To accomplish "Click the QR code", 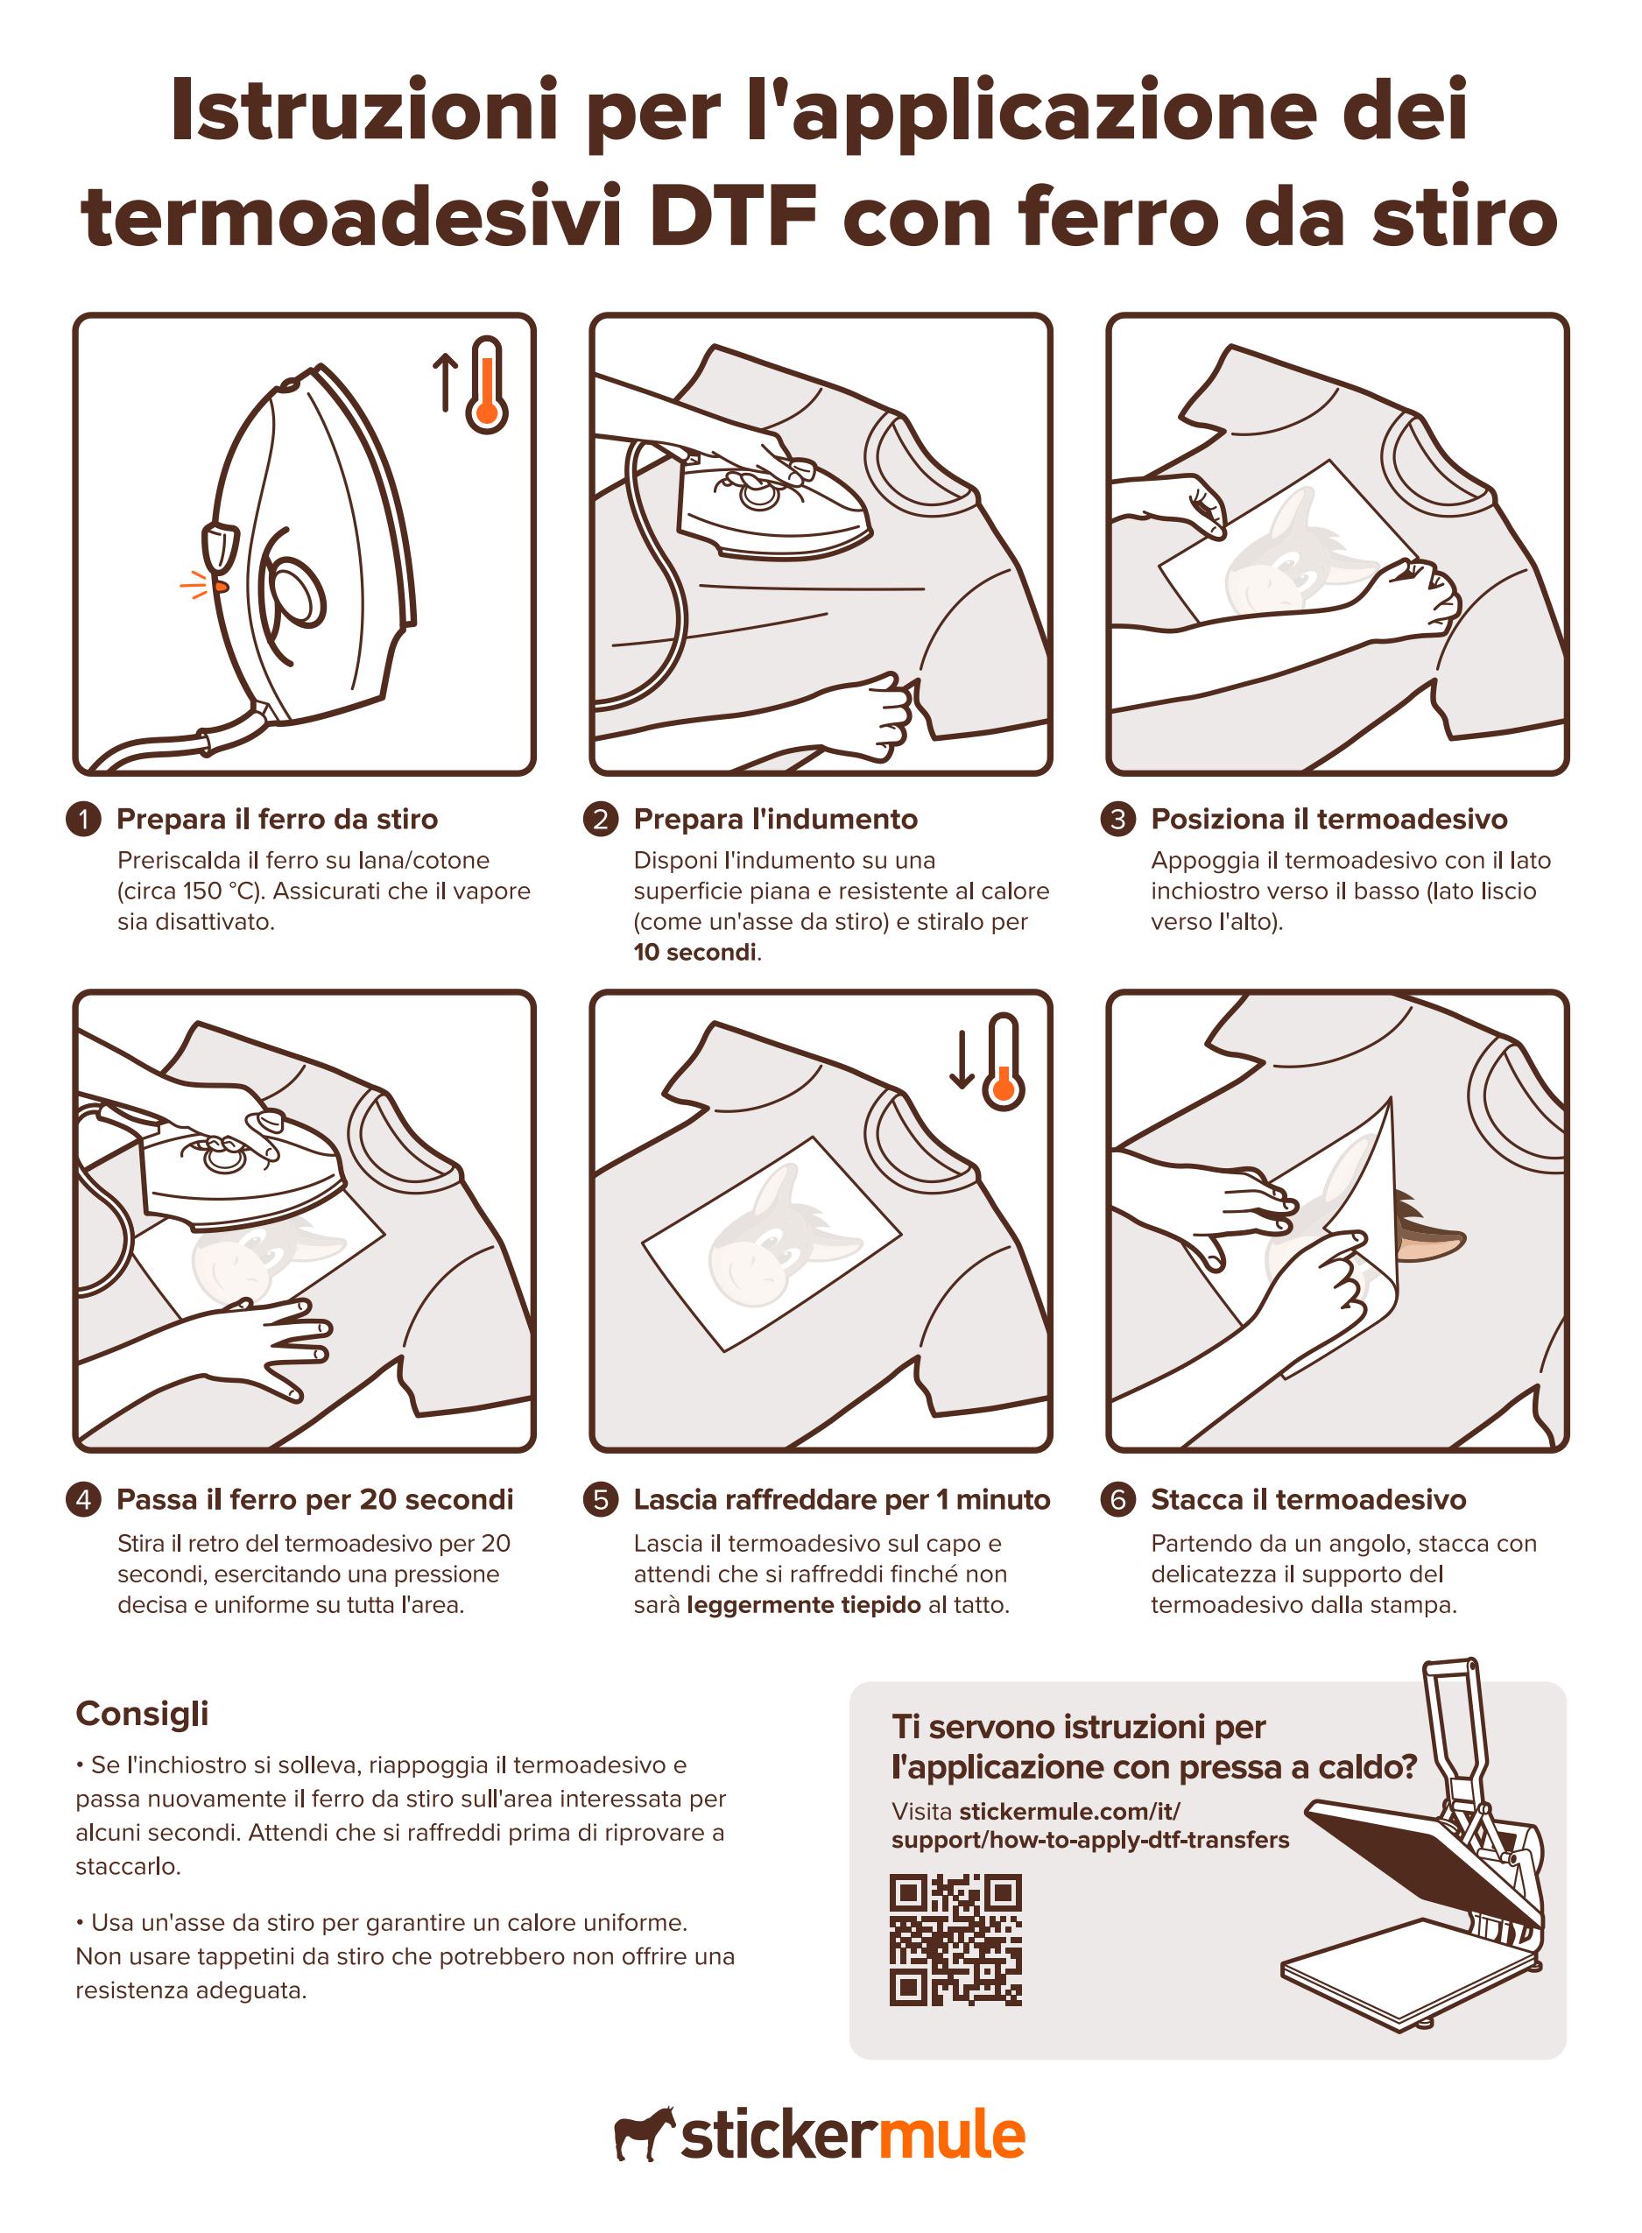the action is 955,1939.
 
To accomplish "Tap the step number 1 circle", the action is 83,819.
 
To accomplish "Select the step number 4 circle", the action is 83,1498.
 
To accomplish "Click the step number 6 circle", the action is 1117,1498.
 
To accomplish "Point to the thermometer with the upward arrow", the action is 487,385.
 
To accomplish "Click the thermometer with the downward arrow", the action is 1004,1061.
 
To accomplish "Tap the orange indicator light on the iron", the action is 221,587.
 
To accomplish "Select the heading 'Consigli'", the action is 142,1713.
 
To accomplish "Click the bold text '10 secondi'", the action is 695,952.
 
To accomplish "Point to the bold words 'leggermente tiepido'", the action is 804,1605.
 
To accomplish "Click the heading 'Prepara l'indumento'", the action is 775,819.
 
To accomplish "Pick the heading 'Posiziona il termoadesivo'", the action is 1328,819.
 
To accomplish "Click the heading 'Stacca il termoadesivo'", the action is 1308,1498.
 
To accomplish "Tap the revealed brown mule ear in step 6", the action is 1427,1229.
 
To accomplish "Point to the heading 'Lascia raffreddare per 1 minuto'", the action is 842,1498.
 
